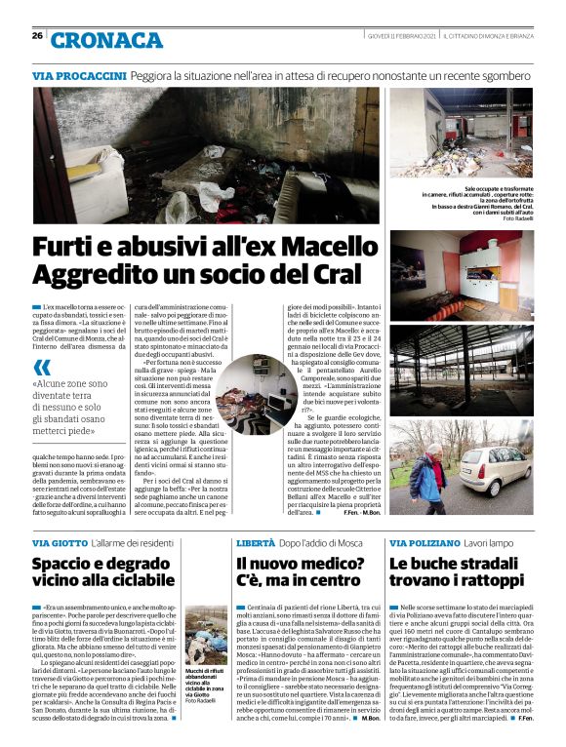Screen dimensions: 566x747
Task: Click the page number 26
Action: tap(37, 36)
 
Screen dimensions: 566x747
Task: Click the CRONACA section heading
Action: tap(106, 40)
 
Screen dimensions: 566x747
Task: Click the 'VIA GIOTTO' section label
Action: tap(60, 541)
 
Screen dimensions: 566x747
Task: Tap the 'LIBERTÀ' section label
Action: tap(256, 541)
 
